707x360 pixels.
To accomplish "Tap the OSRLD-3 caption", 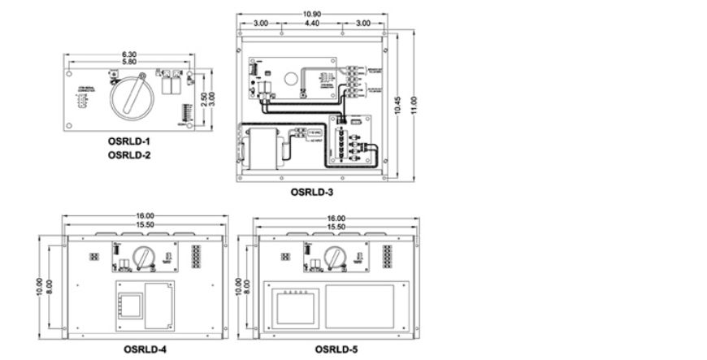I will click(312, 193).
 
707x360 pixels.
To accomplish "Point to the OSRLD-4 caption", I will click(145, 349).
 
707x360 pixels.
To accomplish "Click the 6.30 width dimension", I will click(129, 55).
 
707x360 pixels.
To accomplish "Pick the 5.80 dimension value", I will click(129, 63).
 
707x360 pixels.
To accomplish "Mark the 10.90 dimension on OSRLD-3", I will click(312, 15).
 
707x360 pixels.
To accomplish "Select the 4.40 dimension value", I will click(312, 24).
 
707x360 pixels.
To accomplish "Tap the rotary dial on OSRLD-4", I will click(144, 256).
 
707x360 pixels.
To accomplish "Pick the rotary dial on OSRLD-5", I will click(336, 257).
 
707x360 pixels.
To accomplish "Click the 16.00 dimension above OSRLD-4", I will click(145, 217).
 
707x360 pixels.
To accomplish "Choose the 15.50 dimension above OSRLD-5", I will click(336, 225).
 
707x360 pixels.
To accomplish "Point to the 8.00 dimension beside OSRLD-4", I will click(50, 287).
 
